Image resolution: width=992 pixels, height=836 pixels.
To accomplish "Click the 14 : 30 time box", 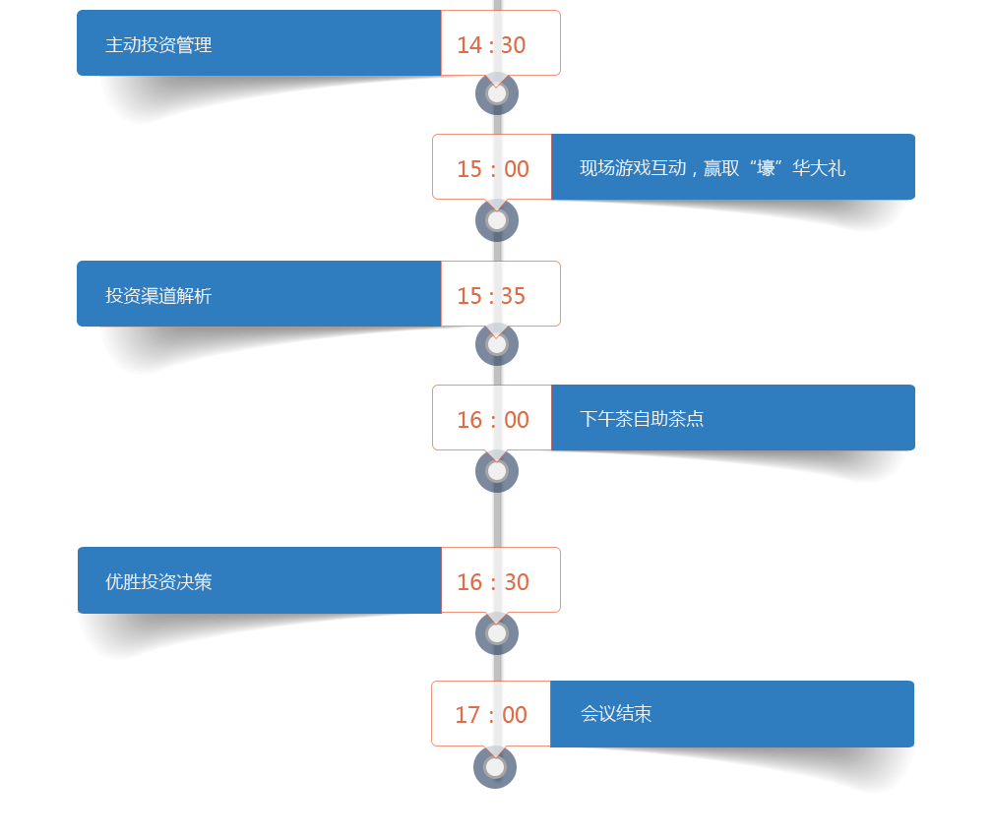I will pyautogui.click(x=500, y=44).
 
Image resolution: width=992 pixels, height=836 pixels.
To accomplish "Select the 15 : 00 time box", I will pyautogui.click(x=492, y=168).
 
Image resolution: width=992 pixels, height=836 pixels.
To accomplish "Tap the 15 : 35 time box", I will pyautogui.click(x=500, y=295).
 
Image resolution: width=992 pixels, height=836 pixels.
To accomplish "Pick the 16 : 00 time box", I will pyautogui.click(x=492, y=419).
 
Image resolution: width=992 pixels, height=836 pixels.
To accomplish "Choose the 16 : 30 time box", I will pyautogui.click(x=500, y=581).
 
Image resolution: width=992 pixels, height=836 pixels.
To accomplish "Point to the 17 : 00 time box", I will pyautogui.click(x=491, y=714).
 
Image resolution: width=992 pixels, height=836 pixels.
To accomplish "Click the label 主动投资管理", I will pyautogui.click(x=158, y=45).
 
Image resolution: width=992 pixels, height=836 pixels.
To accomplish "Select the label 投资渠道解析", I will pyautogui.click(x=158, y=296).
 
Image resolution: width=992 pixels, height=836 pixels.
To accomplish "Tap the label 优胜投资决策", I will pyautogui.click(x=158, y=581).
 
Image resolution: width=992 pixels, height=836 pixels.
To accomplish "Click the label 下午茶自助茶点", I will pyautogui.click(x=642, y=419).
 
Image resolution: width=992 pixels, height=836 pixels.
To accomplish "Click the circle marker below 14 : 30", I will pyautogui.click(x=497, y=93).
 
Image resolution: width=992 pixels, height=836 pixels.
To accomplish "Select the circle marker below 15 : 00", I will pyautogui.click(x=497, y=220).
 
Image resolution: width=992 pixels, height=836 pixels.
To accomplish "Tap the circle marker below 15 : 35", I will pyautogui.click(x=497, y=344).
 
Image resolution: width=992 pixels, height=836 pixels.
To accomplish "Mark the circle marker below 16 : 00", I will pyautogui.click(x=497, y=471).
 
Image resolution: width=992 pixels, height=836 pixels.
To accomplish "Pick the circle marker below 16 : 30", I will pyautogui.click(x=497, y=633).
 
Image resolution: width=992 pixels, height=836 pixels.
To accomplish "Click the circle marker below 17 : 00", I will pyautogui.click(x=496, y=766).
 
